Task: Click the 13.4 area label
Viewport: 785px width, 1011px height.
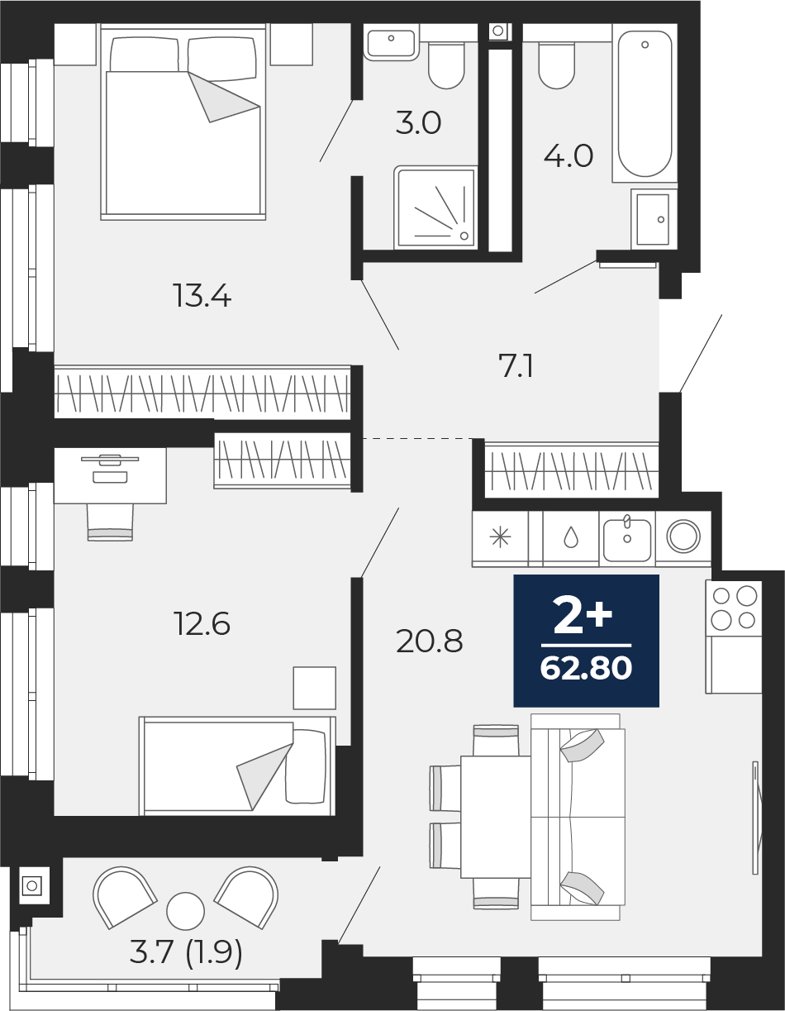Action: click(202, 296)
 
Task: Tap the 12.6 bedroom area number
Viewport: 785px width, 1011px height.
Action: click(202, 623)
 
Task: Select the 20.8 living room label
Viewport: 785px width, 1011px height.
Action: click(429, 641)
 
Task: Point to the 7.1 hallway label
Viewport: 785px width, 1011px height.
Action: click(516, 365)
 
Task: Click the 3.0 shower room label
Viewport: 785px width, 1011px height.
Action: click(418, 123)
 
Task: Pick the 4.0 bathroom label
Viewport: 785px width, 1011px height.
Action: click(569, 155)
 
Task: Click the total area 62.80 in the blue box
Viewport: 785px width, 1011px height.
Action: click(586, 668)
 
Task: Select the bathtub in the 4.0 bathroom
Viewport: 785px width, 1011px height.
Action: click(645, 103)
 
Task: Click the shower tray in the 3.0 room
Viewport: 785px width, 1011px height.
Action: click(435, 207)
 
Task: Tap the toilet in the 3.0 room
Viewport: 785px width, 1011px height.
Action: click(446, 65)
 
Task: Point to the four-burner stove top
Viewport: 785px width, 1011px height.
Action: click(734, 608)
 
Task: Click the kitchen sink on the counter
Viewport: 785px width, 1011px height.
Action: click(627, 540)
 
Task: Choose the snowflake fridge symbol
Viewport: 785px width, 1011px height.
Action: click(500, 538)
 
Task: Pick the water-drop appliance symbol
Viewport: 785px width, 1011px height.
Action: click(571, 539)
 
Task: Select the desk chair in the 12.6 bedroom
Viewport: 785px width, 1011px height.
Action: click(110, 522)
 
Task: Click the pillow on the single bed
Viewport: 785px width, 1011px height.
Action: click(306, 766)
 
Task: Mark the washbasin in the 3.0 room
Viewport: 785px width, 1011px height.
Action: click(391, 43)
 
